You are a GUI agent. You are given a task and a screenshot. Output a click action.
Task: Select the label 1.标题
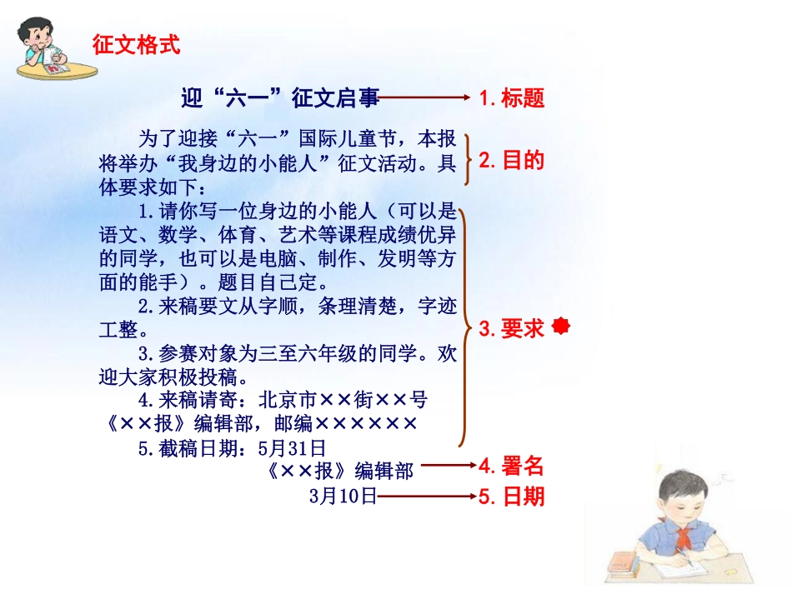[512, 98]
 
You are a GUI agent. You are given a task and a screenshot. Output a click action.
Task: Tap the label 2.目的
[512, 160]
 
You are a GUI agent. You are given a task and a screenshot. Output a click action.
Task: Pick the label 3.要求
[512, 329]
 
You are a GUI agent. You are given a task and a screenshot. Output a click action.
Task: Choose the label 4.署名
[512, 467]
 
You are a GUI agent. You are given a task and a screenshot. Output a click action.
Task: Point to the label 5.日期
[512, 497]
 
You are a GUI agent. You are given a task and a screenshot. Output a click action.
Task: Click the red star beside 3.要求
[562, 326]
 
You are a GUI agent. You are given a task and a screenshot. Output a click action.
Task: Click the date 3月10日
[343, 497]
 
